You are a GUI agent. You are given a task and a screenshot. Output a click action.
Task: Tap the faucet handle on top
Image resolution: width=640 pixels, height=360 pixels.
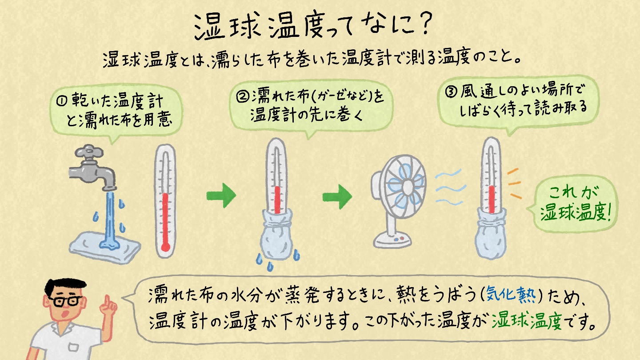tap(89, 152)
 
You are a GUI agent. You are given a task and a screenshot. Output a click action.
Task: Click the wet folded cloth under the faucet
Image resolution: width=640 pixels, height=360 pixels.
tap(105, 247)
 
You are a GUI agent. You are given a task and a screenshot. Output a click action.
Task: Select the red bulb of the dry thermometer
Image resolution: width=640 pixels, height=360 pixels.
tap(165, 247)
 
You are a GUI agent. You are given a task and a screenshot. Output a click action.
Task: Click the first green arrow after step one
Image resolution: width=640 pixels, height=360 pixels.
tap(221, 196)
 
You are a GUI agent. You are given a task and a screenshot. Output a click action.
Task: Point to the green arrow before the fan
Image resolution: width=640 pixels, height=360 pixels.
tap(337, 196)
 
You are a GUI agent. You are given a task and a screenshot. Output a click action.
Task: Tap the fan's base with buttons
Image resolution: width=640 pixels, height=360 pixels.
tap(392, 240)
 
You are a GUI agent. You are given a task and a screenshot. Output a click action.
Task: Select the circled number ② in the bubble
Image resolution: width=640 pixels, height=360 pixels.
tap(243, 96)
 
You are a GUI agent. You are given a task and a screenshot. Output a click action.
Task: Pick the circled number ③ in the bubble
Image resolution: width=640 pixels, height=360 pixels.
tap(451, 92)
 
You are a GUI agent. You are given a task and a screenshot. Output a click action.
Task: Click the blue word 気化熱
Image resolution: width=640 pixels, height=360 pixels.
tap(511, 294)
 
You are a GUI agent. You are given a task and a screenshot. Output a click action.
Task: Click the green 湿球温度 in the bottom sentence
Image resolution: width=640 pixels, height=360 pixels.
tap(527, 321)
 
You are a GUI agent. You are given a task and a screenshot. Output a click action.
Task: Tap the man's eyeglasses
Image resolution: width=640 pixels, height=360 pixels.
tap(65, 301)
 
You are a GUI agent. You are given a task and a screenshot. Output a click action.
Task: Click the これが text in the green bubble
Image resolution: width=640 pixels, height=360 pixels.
tap(573, 192)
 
